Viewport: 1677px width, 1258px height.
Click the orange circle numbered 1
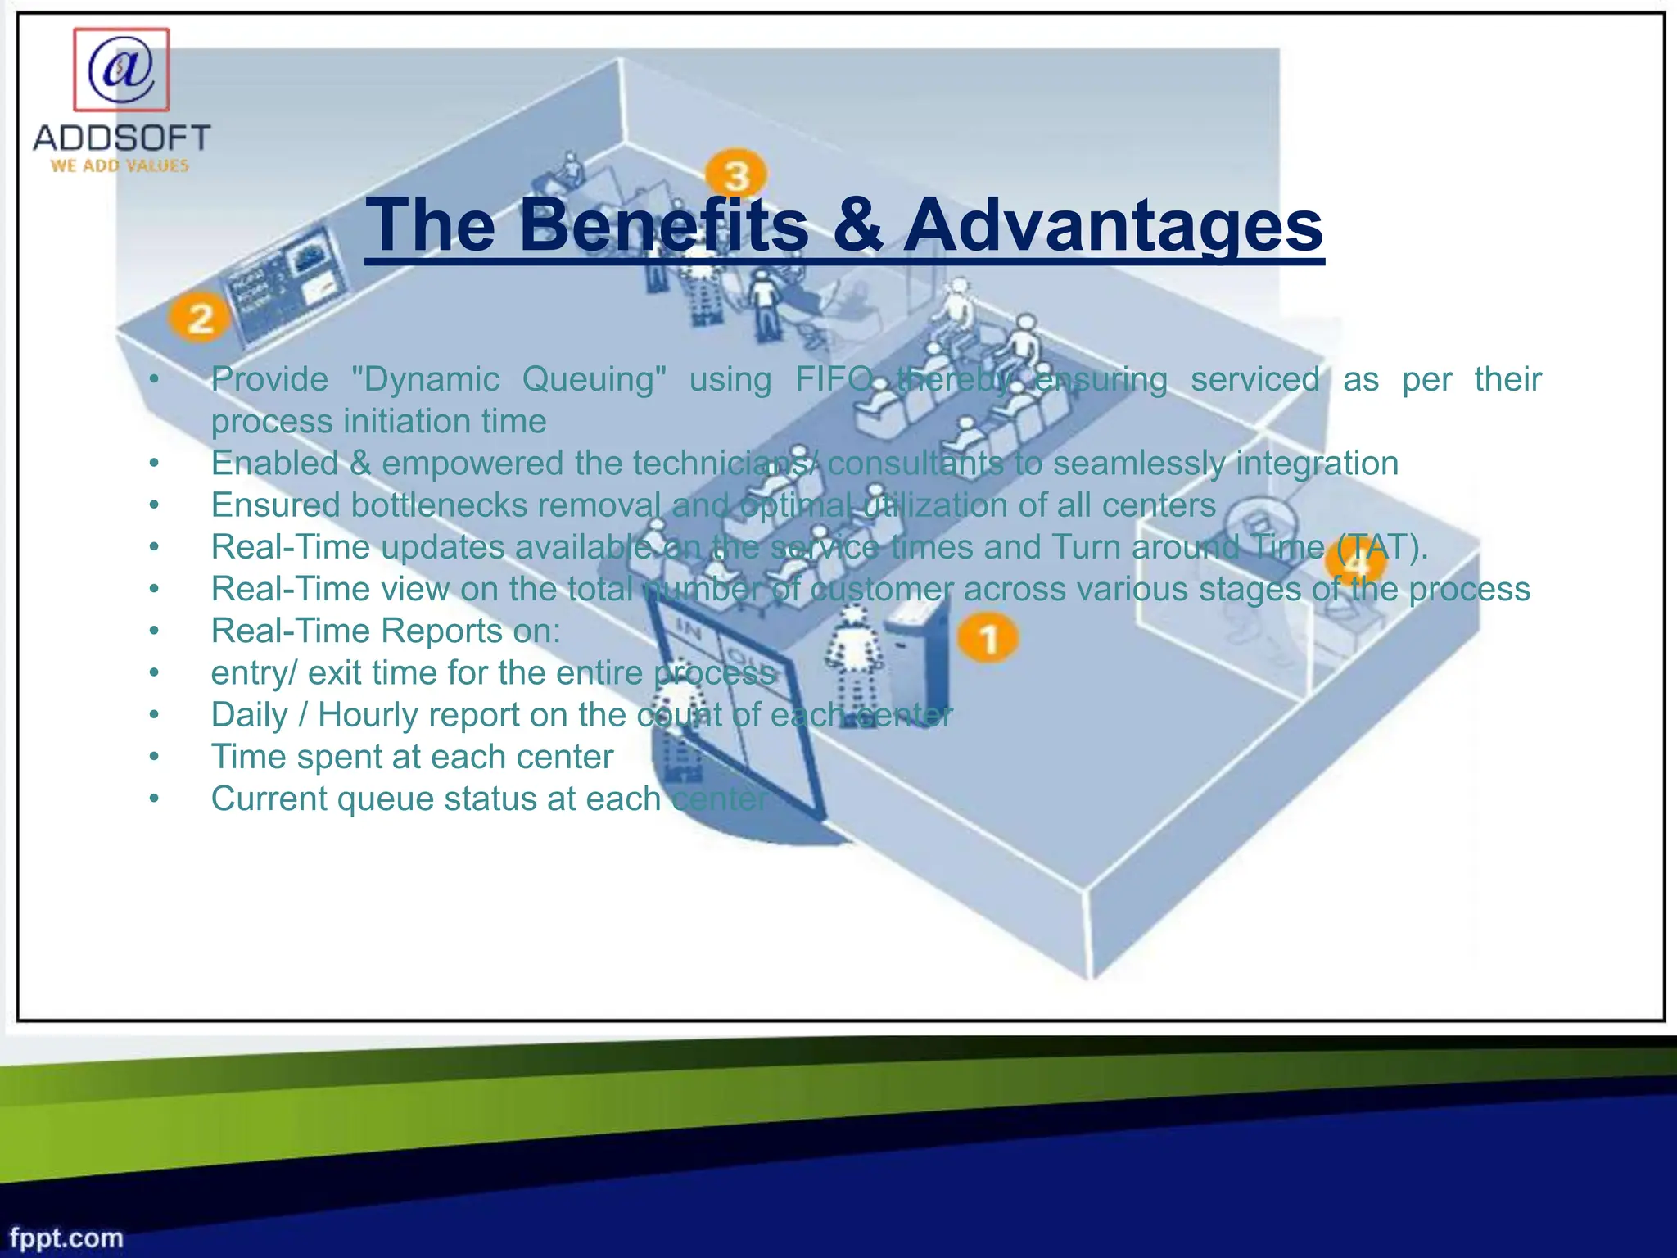(x=988, y=638)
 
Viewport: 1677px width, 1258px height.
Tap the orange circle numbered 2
(x=199, y=317)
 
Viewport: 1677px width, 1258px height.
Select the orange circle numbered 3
(x=736, y=174)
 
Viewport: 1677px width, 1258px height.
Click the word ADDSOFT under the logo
(x=122, y=138)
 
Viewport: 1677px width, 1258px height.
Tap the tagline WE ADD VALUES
(x=120, y=165)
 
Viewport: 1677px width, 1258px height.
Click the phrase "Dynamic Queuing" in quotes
(x=508, y=379)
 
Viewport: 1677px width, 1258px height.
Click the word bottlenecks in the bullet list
(x=437, y=505)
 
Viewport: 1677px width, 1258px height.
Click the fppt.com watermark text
(x=66, y=1238)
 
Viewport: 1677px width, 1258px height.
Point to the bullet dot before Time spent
(x=154, y=757)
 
